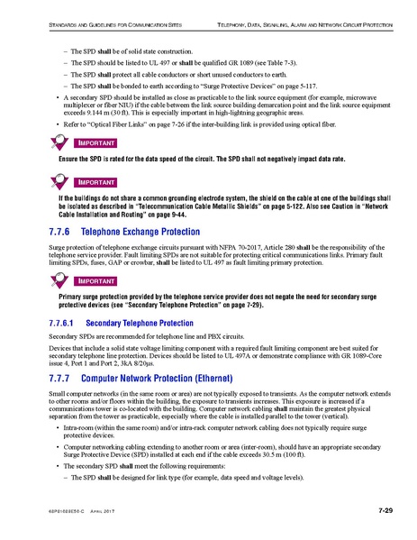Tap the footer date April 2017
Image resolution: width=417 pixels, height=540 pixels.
point(106,515)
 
